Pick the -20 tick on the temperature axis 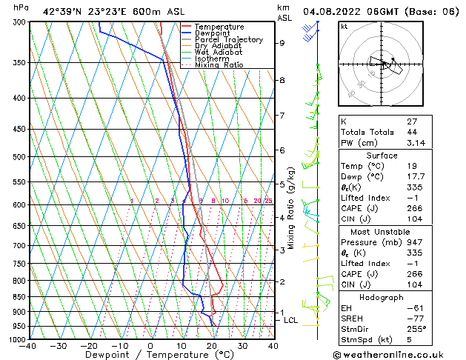tap(89, 346)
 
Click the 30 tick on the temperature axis tap(242, 346)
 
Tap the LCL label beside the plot tap(290, 321)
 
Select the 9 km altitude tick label tap(282, 43)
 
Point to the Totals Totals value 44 tap(412, 132)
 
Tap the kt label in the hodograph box tap(344, 26)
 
